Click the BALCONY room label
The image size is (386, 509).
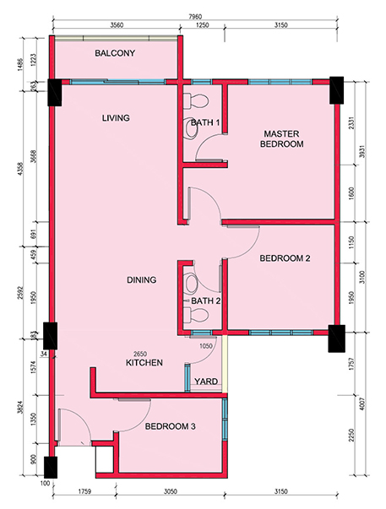click(x=115, y=53)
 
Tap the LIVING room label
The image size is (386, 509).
click(x=116, y=117)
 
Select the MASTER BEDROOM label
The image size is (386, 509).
click(x=282, y=138)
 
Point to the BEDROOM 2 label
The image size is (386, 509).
click(x=285, y=258)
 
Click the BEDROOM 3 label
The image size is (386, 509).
click(x=171, y=426)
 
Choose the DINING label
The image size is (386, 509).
click(x=141, y=279)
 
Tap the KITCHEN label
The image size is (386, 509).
click(x=144, y=363)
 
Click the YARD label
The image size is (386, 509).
click(x=206, y=381)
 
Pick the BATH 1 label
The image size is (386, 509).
click(x=205, y=122)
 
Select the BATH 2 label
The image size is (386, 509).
click(x=206, y=301)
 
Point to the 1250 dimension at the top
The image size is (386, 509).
click(x=203, y=25)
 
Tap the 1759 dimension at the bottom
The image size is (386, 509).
click(x=84, y=491)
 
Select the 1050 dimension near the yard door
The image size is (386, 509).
click(x=206, y=346)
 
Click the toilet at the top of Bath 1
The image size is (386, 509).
click(x=195, y=101)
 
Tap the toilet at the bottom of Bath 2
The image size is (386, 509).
click(x=195, y=314)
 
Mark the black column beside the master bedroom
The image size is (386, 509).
click(x=337, y=90)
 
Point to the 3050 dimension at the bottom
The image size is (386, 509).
click(x=170, y=491)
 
